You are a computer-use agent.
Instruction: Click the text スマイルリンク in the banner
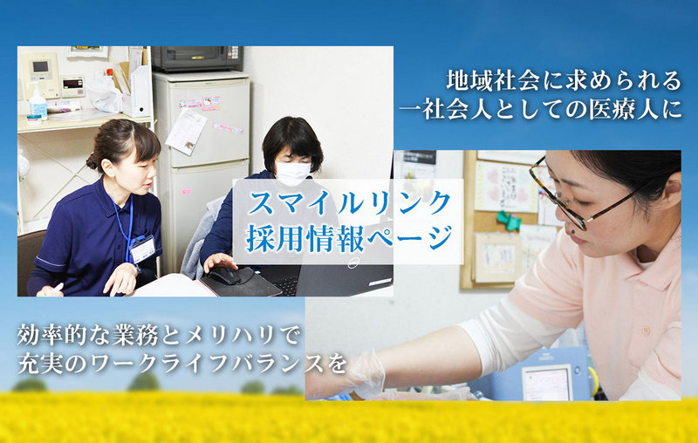[349, 202]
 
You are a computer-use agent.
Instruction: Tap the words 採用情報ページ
[349, 238]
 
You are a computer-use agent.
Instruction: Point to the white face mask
[292, 174]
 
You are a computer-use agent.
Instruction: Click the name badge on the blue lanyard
[142, 249]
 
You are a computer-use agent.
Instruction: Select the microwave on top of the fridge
[197, 58]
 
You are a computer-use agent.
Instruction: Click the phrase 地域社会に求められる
[564, 80]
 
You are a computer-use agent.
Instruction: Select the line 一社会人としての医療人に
[540, 108]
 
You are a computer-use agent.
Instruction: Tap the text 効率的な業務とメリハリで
[159, 335]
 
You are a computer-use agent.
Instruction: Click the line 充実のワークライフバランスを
[182, 363]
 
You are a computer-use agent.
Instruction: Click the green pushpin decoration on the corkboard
[509, 220]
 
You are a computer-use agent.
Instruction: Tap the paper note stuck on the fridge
[186, 132]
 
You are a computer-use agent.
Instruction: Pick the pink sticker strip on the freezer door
[200, 103]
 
